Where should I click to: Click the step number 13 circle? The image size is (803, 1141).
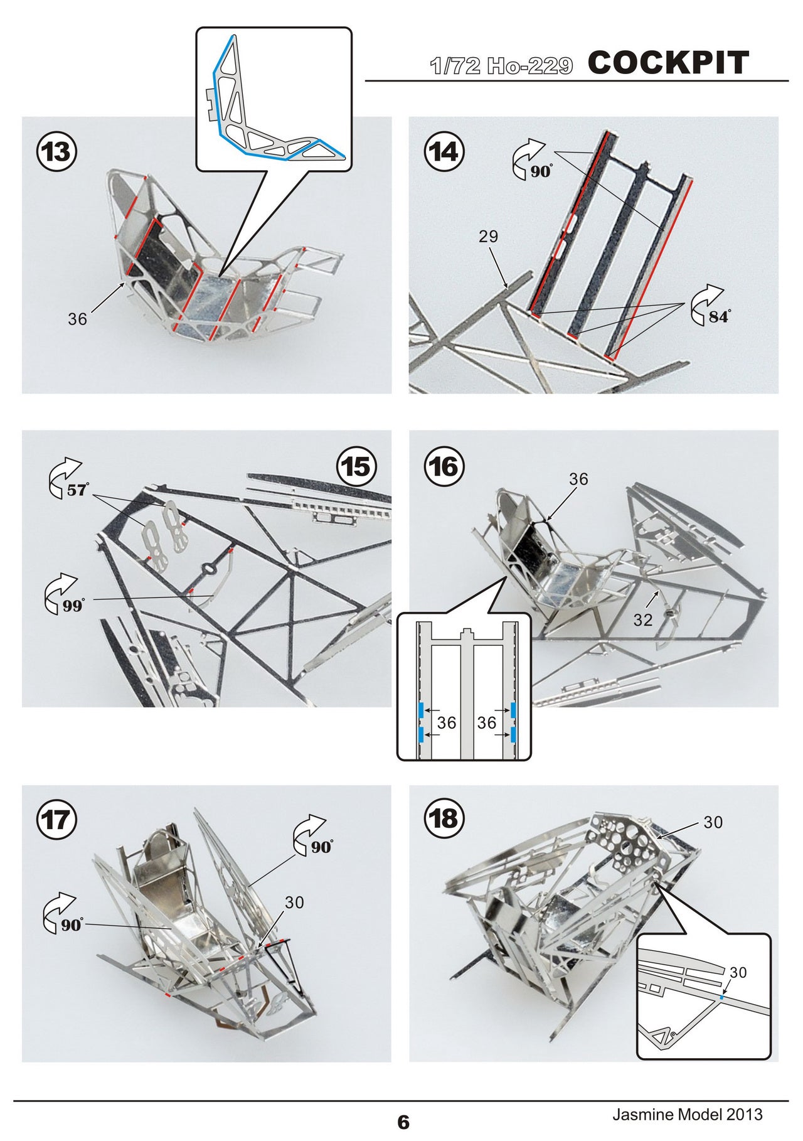coord(57,152)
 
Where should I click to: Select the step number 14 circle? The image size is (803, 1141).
coord(444,152)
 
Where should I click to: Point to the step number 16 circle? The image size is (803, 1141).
coord(444,466)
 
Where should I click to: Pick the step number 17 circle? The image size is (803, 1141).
coord(57,819)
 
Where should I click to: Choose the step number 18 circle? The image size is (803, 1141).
coord(444,819)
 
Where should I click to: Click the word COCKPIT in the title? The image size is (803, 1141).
coord(669,63)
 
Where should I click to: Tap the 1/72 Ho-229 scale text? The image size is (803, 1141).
coord(501,66)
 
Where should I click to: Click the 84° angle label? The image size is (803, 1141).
coord(719,318)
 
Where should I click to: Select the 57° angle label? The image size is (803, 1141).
coord(78,490)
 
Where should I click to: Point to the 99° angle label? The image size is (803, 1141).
coord(73,606)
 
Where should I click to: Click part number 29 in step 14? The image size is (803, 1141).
coord(488,237)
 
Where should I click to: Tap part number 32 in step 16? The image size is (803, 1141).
coord(643,620)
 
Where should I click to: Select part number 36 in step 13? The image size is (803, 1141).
coord(78,319)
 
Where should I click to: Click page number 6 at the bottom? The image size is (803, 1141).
coord(403,1122)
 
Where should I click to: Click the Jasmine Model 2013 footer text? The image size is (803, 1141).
coord(688,1115)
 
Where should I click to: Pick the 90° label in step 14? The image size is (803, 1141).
coord(542,171)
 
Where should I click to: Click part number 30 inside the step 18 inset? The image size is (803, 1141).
coord(738,972)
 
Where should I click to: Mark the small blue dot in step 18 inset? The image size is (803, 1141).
coord(722,997)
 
